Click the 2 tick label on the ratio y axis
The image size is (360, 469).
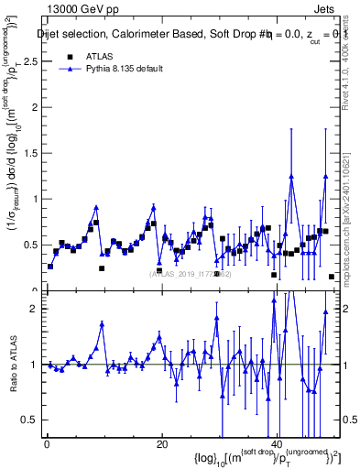[x=34, y=309]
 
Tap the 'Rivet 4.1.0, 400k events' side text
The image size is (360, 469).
[x=352, y=82]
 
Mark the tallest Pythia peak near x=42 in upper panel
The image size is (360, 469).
[x=291, y=177]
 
